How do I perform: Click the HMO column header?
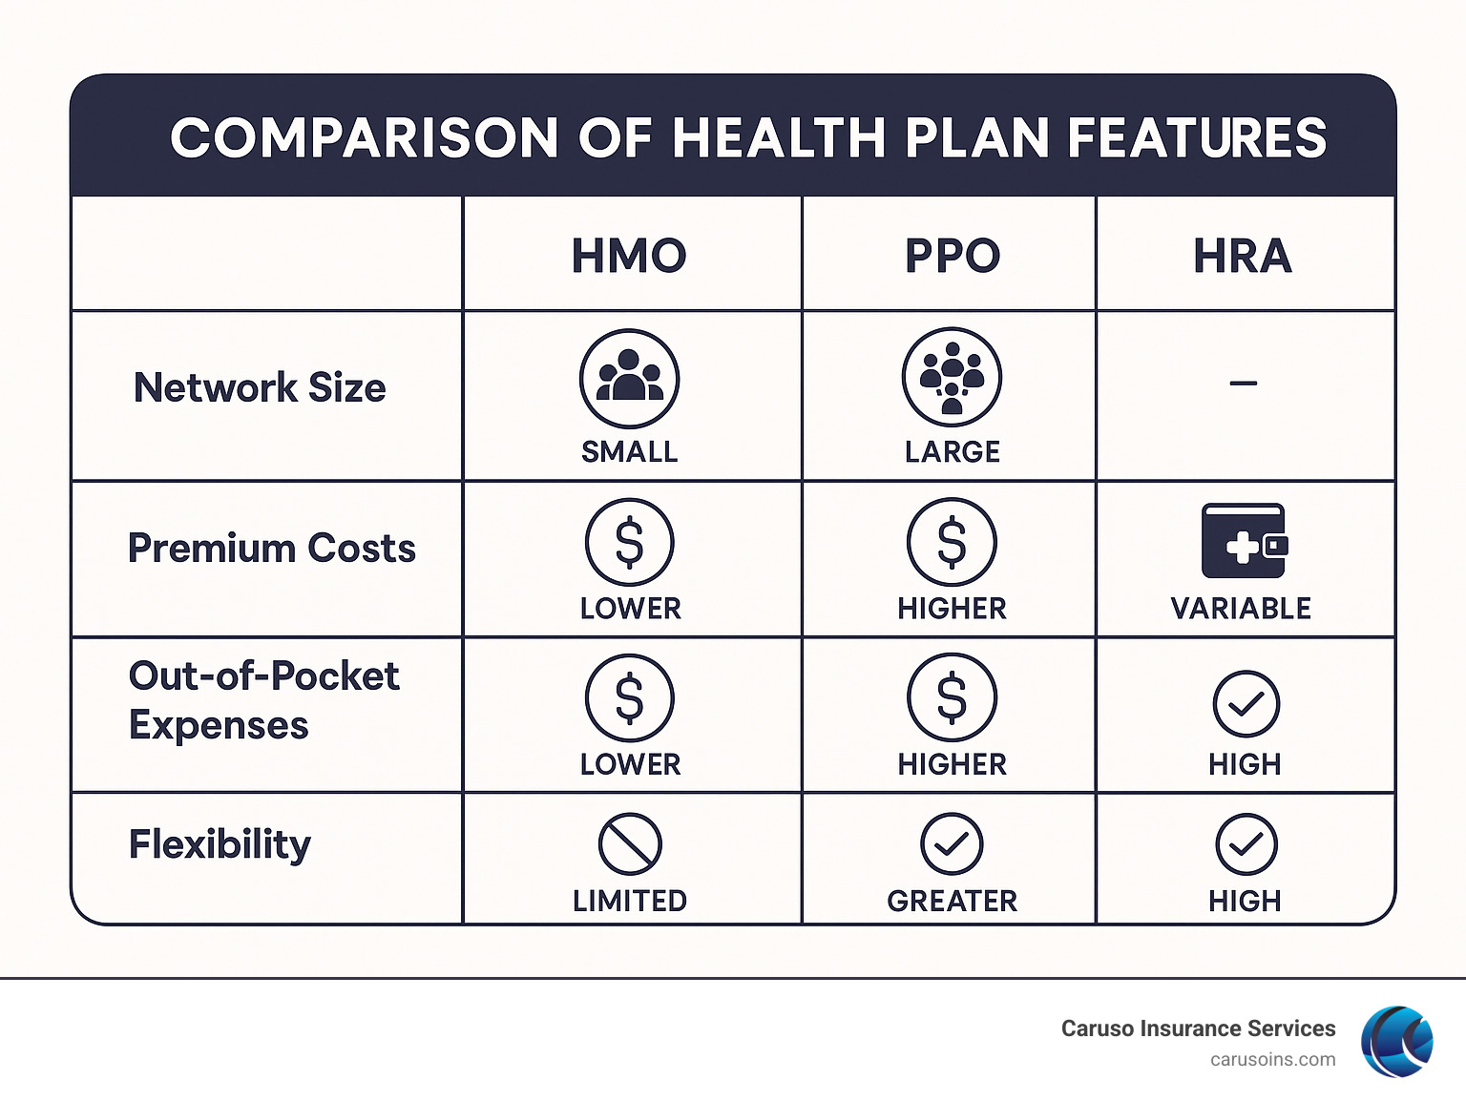point(629,256)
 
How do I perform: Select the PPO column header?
point(952,256)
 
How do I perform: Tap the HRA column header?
point(1243,256)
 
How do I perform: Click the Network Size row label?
point(260,388)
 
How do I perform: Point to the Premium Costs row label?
point(272,549)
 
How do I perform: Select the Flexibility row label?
point(220,844)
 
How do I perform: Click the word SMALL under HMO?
point(629,451)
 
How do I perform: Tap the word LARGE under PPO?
point(952,451)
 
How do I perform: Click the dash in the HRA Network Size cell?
point(1243,384)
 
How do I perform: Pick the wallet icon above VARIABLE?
point(1243,541)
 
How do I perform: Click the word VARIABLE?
point(1241,609)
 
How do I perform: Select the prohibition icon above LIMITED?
point(630,844)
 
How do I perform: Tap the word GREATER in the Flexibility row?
point(952,901)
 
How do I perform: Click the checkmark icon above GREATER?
point(952,844)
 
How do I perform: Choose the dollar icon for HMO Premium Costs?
point(630,542)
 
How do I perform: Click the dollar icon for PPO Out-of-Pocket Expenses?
point(952,697)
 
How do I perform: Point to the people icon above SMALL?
point(629,379)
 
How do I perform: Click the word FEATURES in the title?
point(1197,137)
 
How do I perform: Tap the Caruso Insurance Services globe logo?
point(1396,1041)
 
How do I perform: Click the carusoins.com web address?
point(1272,1060)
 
